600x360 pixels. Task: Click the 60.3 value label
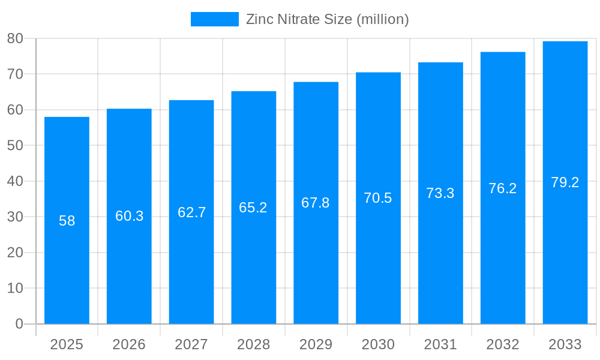coord(129,216)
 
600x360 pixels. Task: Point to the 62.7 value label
coord(191,212)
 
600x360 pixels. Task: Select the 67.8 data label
coord(316,203)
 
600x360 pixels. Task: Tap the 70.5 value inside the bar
coord(378,198)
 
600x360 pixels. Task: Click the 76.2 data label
coord(502,188)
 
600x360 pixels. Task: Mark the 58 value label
coord(67,221)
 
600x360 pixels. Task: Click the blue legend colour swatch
coord(214,19)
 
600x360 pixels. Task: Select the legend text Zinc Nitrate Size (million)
coord(328,19)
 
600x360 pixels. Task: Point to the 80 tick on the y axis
coord(15,38)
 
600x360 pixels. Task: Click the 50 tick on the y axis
coord(15,145)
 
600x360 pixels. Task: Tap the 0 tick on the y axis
coord(19,324)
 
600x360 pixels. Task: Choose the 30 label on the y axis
coord(15,217)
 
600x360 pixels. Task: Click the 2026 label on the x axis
coord(129,344)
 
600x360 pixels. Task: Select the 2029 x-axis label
coord(316,344)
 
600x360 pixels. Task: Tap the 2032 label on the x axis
coord(502,344)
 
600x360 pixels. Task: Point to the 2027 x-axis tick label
coord(191,344)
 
